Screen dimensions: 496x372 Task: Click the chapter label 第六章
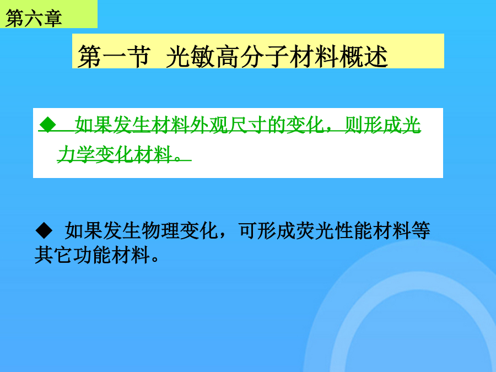pos(34,18)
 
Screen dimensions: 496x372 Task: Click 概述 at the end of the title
pos(364,56)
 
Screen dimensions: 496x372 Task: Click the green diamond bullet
pos(48,125)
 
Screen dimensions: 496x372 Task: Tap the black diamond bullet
pos(44,230)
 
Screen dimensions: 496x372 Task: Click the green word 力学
pos(76,155)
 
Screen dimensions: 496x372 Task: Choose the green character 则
pos(354,125)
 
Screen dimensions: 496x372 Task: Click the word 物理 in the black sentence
pos(160,230)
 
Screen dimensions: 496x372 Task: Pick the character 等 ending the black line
pos(421,230)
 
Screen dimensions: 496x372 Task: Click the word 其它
pos(53,255)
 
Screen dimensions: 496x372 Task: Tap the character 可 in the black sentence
pos(247,230)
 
